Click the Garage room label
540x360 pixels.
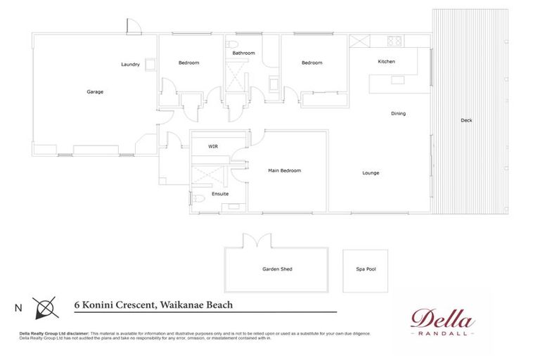click(95, 91)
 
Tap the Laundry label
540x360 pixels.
click(130, 65)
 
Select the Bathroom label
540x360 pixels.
click(244, 53)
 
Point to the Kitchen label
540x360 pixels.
click(386, 62)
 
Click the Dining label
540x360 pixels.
click(399, 113)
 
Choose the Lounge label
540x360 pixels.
click(371, 173)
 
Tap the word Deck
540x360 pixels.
click(466, 120)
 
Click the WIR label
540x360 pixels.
click(213, 147)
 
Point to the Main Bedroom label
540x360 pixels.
click(285, 171)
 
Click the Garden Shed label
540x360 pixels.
click(277, 269)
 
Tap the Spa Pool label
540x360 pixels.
click(366, 269)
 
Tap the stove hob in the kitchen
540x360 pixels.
click(394, 40)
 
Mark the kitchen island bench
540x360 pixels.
click(399, 83)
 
